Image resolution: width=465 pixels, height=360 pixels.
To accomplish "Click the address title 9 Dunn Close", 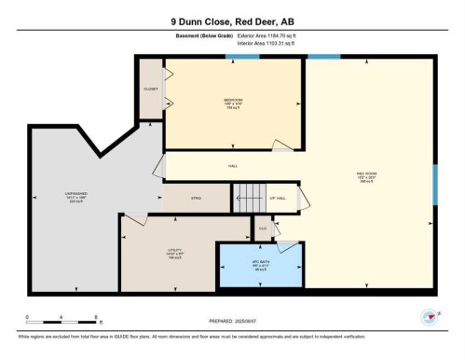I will (232, 21).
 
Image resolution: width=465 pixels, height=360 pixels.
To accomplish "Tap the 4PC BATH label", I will (259, 264).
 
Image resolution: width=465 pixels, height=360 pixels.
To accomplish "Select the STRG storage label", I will (196, 198).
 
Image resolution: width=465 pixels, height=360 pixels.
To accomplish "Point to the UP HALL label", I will (278, 198).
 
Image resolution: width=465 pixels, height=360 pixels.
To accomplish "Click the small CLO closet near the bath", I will (263, 228).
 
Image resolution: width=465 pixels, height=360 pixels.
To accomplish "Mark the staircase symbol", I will (248, 197).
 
